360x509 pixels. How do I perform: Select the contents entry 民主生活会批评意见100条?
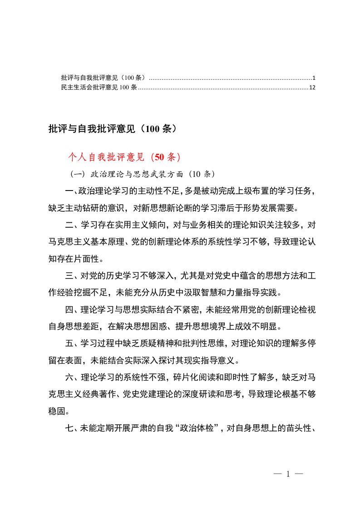pos(99,87)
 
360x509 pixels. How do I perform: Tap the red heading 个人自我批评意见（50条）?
pos(124,157)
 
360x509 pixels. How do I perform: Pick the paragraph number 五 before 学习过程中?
pos(69,343)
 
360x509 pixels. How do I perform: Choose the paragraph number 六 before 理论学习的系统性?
pos(69,378)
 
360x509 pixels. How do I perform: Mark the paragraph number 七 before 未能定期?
pos(69,426)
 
